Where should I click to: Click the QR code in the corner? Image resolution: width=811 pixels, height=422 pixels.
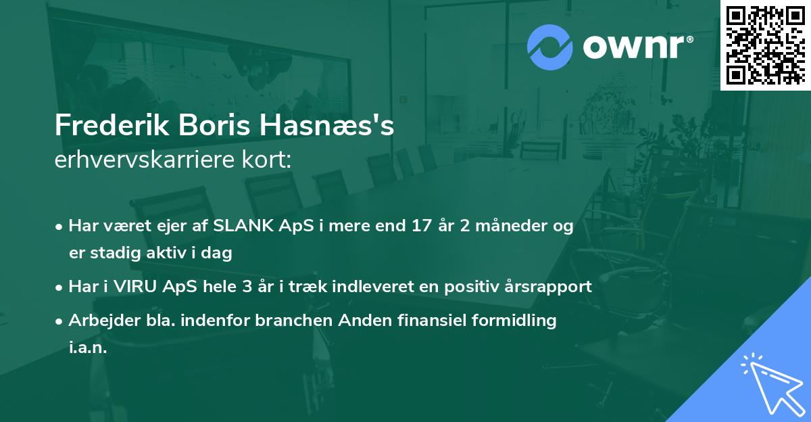766,45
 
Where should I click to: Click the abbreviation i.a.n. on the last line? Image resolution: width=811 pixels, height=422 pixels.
88,348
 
